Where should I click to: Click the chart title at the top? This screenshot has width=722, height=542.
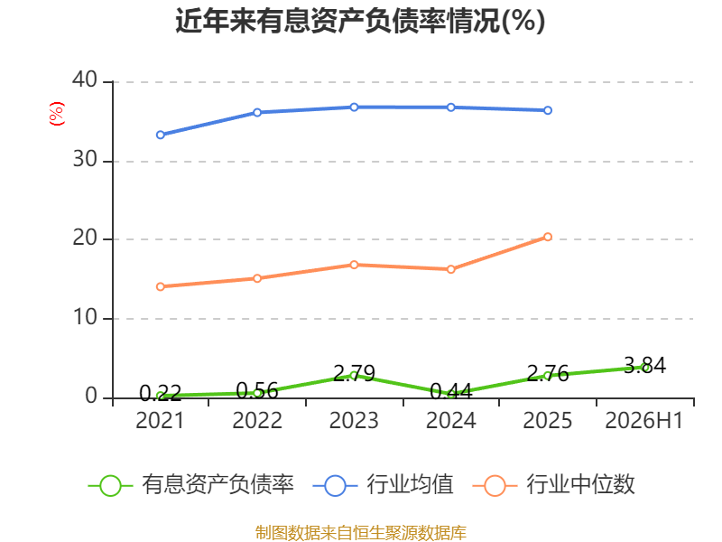(360, 21)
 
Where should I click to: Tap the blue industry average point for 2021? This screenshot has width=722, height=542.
(161, 135)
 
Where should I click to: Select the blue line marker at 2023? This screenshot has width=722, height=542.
(354, 107)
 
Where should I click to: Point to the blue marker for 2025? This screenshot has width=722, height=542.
(548, 110)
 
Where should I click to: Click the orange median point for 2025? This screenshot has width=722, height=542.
(548, 237)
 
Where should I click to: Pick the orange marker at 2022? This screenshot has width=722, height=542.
(257, 278)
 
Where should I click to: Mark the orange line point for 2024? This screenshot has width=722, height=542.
(450, 269)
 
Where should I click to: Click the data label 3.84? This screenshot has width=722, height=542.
(644, 366)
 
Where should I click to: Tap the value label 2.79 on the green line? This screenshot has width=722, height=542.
(354, 373)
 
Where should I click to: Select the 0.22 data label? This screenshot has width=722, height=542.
(161, 393)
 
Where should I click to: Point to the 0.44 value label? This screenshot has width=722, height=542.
(450, 392)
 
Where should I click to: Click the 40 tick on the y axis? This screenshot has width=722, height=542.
(85, 79)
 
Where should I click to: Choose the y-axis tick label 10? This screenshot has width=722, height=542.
(85, 317)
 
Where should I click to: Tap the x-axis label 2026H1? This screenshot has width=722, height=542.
(643, 420)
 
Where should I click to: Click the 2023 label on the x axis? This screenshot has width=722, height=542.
(354, 420)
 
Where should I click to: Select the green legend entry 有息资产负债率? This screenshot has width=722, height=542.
(190, 485)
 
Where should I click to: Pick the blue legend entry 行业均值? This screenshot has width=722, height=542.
(383, 485)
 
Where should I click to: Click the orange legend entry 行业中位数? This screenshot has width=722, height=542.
(553, 485)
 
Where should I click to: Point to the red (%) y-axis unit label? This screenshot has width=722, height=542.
(57, 114)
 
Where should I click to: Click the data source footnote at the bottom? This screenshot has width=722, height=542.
(360, 533)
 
